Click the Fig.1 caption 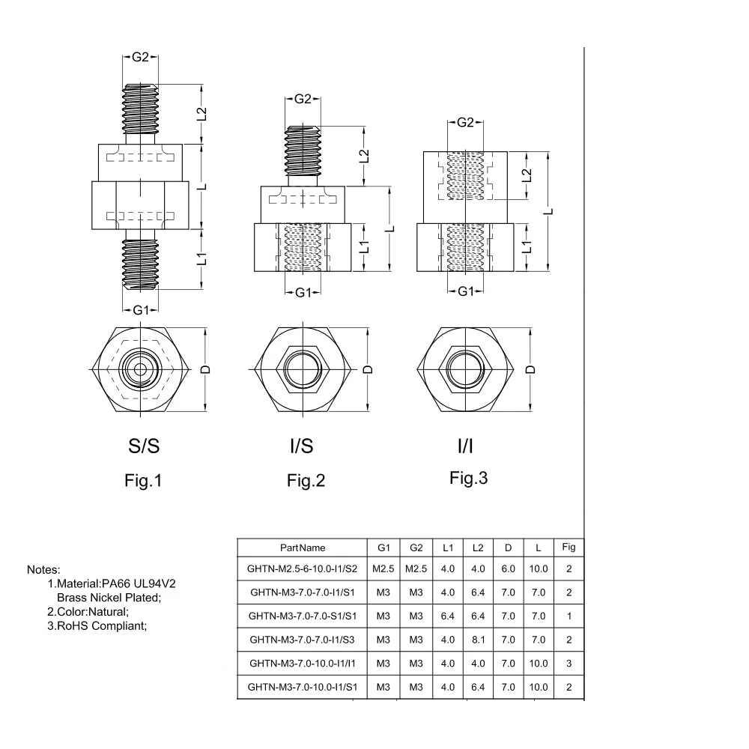(143, 480)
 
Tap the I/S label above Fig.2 (301, 446)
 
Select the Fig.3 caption (469, 478)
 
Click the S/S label (144, 446)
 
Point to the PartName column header (303, 548)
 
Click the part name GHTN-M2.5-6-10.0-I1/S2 (302, 569)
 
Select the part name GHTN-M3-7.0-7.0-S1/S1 (303, 616)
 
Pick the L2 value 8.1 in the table (478, 640)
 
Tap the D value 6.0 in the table (509, 569)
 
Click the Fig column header (569, 547)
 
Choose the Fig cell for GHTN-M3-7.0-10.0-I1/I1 (569, 664)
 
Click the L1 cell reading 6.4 (448, 616)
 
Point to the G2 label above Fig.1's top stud (141, 58)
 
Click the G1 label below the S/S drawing (141, 311)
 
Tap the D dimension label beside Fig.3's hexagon (530, 370)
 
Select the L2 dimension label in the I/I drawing (527, 176)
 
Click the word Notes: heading (43, 570)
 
